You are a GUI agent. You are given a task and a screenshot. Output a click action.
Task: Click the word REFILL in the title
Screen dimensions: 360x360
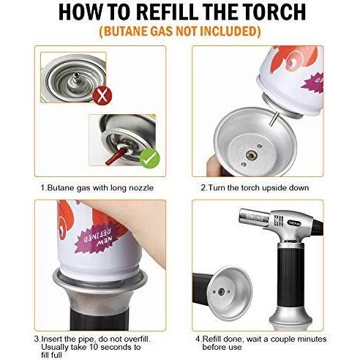tap(168, 12)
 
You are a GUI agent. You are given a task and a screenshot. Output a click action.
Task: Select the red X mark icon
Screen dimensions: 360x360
tap(102, 95)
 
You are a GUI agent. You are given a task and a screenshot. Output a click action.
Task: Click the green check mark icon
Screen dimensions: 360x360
tap(150, 159)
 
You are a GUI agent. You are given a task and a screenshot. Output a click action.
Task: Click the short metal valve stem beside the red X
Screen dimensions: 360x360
tap(76, 78)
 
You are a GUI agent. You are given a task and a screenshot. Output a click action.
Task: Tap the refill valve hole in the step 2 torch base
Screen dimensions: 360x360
tap(251, 154)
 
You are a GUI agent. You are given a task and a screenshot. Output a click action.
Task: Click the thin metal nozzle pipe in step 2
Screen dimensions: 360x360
tap(274, 119)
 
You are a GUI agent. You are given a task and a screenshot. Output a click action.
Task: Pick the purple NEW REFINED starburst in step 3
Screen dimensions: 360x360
tap(97, 238)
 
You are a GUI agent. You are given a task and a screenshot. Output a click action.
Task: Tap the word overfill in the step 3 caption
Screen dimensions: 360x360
tap(136, 339)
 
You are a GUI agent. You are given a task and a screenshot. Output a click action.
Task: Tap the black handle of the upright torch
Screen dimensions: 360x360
tap(291, 277)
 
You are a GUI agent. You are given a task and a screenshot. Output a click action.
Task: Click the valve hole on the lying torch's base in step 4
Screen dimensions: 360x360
tap(221, 292)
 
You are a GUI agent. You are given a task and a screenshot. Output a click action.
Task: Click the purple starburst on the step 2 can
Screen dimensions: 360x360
tap(313, 83)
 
